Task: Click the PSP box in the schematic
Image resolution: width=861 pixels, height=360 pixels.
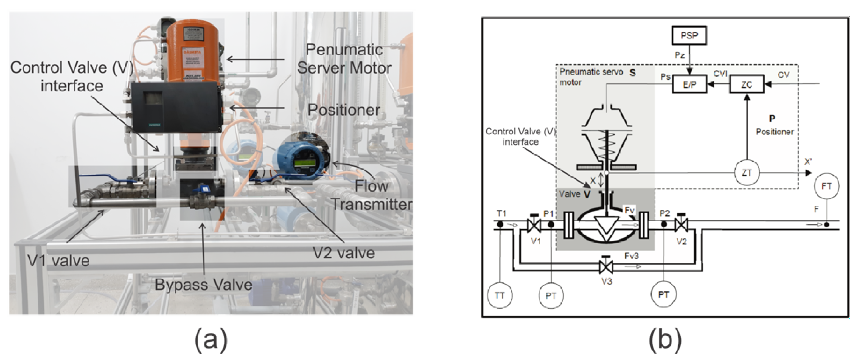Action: (689, 35)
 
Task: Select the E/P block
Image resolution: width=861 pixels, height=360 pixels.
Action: (689, 84)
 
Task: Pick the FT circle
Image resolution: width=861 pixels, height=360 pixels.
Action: (826, 186)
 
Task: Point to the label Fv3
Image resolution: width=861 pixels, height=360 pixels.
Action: (631, 256)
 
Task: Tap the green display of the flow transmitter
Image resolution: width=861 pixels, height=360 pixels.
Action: (304, 163)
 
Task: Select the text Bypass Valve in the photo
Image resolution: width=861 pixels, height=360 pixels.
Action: (204, 285)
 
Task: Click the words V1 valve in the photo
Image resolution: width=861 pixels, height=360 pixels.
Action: (58, 261)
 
